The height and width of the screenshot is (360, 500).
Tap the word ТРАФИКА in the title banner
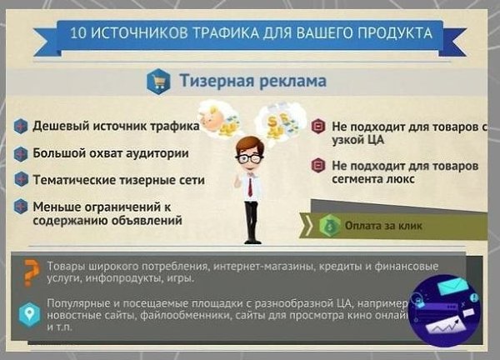[x=223, y=35]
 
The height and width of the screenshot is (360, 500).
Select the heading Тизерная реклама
[x=252, y=82]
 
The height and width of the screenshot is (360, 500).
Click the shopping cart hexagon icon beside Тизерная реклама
[x=157, y=82]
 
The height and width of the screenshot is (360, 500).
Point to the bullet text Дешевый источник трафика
[x=115, y=127]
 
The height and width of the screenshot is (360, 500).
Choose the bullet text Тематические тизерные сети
[x=118, y=179]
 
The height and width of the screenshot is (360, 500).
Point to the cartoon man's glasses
[x=248, y=157]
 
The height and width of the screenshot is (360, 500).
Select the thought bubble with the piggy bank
[x=218, y=117]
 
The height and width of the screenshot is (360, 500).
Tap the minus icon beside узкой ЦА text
[x=317, y=127]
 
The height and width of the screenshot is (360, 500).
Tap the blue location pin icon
[x=30, y=314]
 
